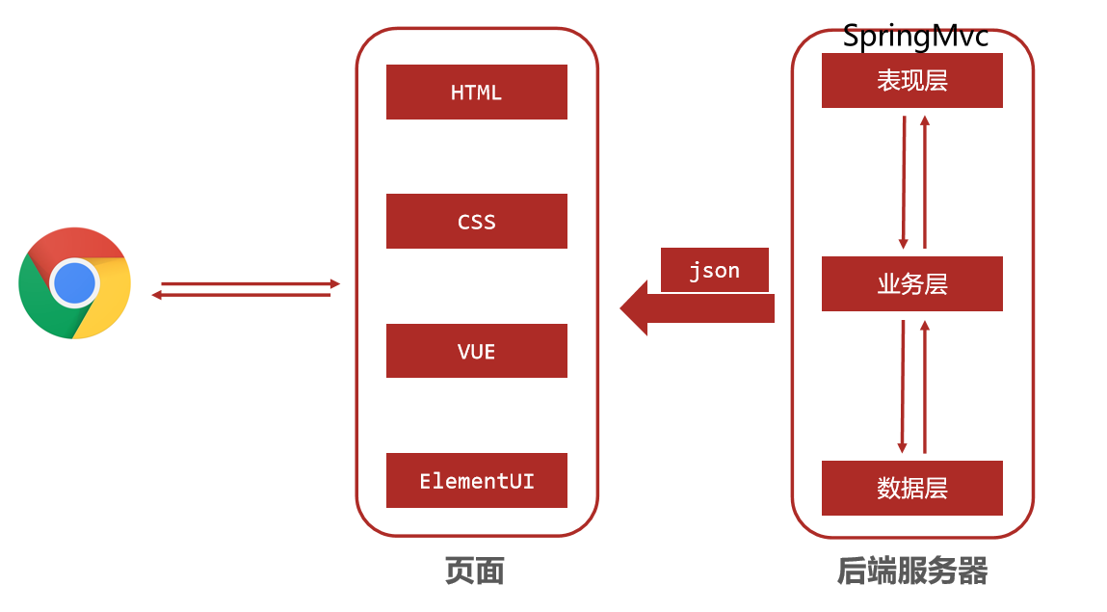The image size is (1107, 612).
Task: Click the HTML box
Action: [476, 93]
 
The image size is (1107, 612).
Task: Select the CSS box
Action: [476, 222]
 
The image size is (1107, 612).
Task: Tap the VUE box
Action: [476, 351]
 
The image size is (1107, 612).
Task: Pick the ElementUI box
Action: [476, 480]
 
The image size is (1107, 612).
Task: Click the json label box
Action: [714, 271]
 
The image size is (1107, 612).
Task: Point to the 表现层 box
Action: [911, 81]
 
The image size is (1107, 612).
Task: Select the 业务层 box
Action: [911, 284]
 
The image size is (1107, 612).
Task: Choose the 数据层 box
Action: [911, 488]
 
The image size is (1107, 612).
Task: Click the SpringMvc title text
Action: [915, 37]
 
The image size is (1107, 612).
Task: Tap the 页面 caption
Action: [475, 572]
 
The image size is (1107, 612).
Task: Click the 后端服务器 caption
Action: [912, 572]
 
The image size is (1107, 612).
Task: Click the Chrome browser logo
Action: [74, 283]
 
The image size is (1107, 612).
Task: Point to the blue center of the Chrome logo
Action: [74, 283]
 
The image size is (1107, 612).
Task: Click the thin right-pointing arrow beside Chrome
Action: [250, 283]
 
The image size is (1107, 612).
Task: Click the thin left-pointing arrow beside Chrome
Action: [241, 295]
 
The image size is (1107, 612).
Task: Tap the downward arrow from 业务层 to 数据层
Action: [903, 386]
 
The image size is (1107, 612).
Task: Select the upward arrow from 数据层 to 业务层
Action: [924, 386]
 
